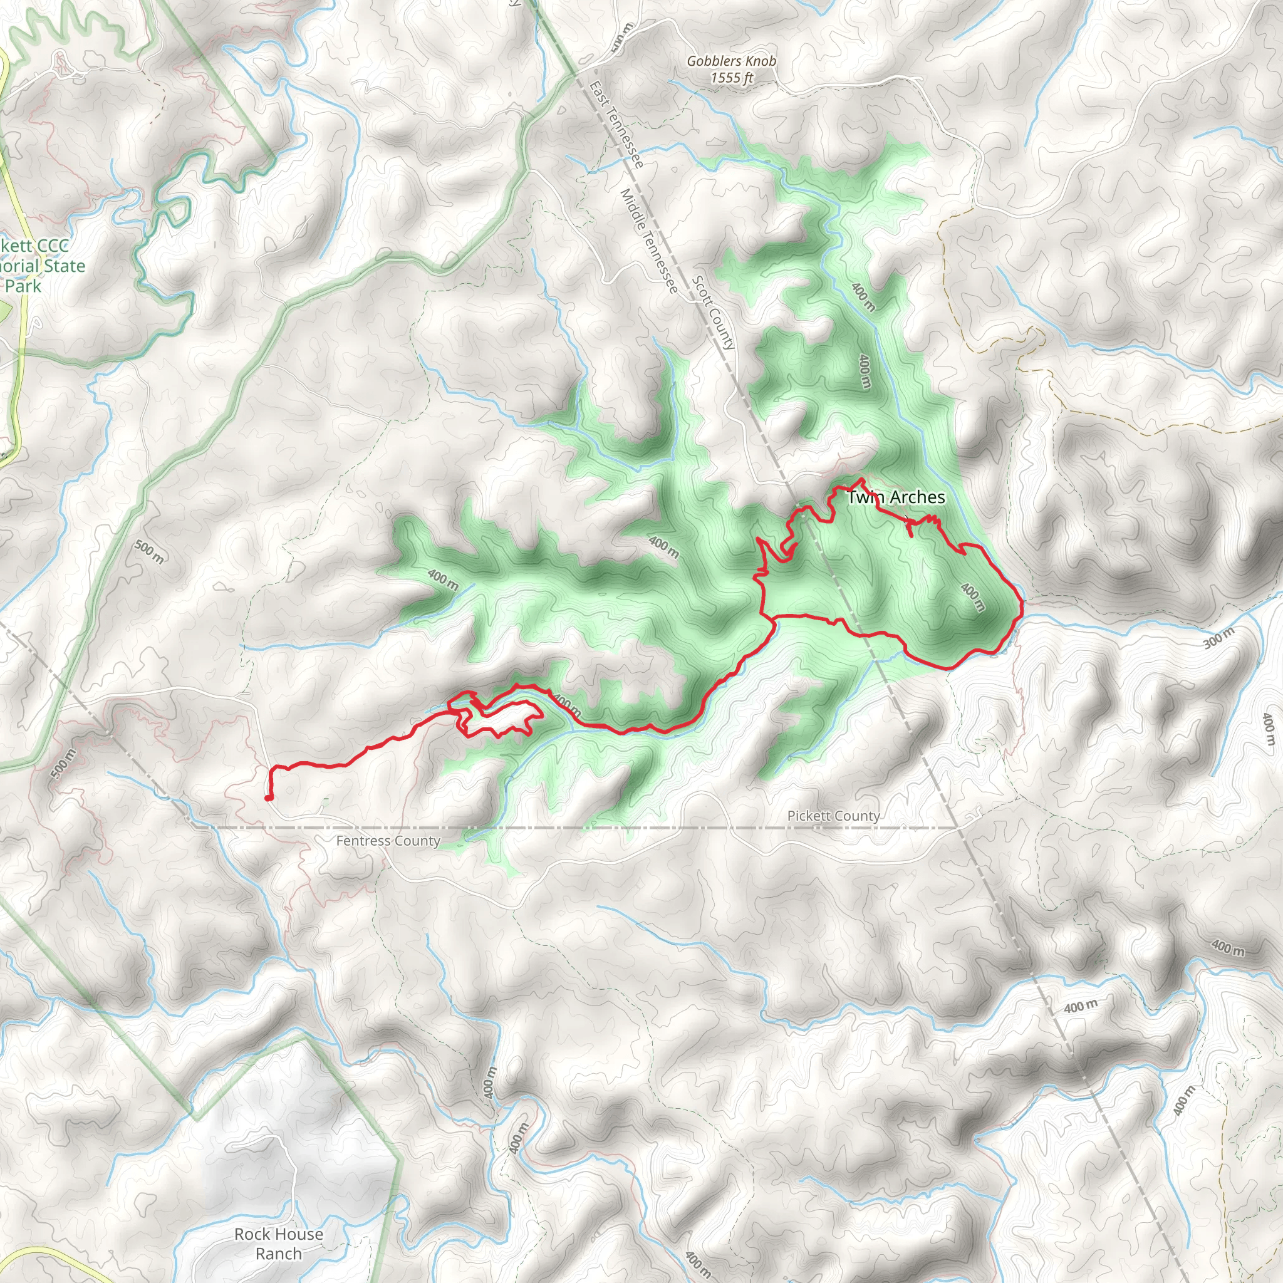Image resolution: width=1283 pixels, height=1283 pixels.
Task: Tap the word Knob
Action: coord(762,61)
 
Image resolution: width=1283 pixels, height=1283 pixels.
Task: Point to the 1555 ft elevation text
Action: coord(732,78)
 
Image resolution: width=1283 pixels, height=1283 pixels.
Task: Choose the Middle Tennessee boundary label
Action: coord(649,241)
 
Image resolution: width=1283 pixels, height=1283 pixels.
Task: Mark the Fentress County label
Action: coord(388,841)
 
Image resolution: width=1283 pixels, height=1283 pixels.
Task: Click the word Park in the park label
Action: coord(23,286)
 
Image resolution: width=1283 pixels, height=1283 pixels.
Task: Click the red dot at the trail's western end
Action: coord(268,798)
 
